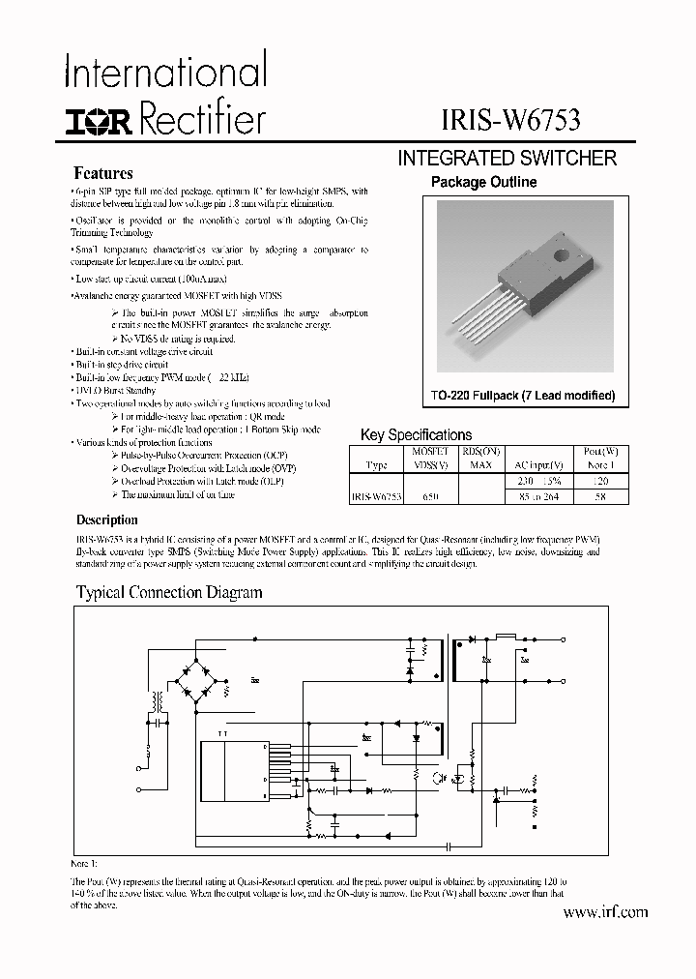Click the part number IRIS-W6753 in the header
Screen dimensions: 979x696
tap(508, 122)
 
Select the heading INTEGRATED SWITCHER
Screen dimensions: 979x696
tap(507, 159)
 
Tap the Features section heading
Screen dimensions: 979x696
tap(103, 174)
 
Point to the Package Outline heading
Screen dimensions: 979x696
tap(483, 182)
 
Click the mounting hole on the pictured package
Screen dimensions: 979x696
tap(560, 257)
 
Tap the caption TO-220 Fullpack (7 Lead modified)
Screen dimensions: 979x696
tap(523, 397)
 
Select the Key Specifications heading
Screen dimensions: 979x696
tap(416, 435)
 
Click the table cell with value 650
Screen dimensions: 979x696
tap(430, 495)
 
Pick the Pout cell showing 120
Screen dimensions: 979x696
tap(599, 481)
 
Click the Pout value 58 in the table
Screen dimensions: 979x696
tap(599, 495)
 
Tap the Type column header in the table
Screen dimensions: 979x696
tap(377, 465)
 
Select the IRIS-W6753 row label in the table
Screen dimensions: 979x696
tap(376, 495)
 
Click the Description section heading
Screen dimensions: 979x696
tap(106, 519)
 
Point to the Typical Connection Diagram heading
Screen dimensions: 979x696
tap(169, 592)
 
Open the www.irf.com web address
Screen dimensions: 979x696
tap(604, 912)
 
